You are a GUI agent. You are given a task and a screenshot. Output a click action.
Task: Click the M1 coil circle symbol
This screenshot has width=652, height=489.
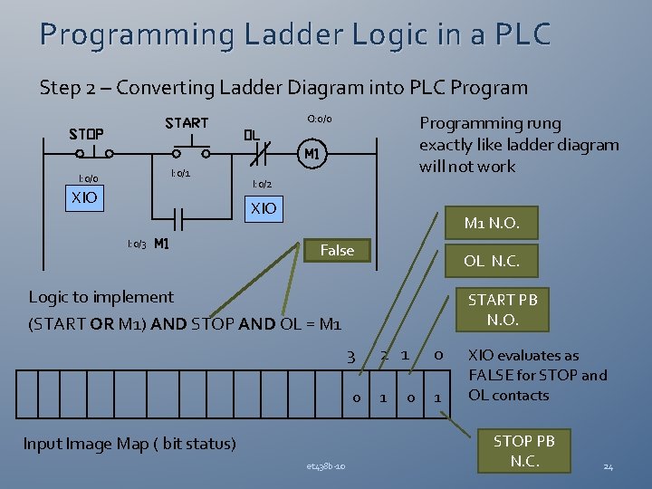pos(312,154)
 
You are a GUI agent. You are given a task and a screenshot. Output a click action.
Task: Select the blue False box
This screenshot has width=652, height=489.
pos(337,250)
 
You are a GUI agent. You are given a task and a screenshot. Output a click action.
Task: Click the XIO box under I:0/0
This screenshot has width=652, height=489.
pos(84,197)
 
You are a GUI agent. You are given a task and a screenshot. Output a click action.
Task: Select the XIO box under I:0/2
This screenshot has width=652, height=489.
pos(264,208)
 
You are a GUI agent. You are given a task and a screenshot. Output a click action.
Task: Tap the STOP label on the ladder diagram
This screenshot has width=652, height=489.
pos(87,135)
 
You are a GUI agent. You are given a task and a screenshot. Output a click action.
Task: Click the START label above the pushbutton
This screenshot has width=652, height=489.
pos(187,122)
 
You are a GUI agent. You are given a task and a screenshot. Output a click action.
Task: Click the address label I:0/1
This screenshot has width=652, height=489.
pos(180,172)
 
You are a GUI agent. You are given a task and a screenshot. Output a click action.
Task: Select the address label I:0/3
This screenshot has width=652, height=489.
pos(137,244)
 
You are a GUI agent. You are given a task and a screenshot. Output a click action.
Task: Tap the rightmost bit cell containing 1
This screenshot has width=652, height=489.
pos(438,397)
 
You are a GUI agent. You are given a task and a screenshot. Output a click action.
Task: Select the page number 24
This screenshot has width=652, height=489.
pos(608,466)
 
